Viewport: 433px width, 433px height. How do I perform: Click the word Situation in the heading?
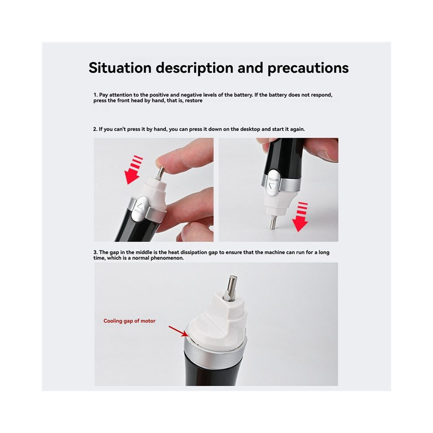pyautogui.click(x=120, y=68)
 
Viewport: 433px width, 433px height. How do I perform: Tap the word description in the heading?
pyautogui.click(x=194, y=68)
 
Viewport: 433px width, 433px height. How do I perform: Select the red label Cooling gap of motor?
pyautogui.click(x=129, y=321)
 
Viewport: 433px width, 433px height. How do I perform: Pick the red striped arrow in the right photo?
pyautogui.click(x=300, y=217)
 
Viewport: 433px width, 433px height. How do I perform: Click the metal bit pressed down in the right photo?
pyautogui.click(x=274, y=222)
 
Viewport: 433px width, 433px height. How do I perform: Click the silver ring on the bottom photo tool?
pyautogui.click(x=215, y=352)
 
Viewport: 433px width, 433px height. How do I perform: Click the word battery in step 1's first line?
pyautogui.click(x=243, y=95)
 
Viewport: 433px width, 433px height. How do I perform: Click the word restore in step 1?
pyautogui.click(x=194, y=101)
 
